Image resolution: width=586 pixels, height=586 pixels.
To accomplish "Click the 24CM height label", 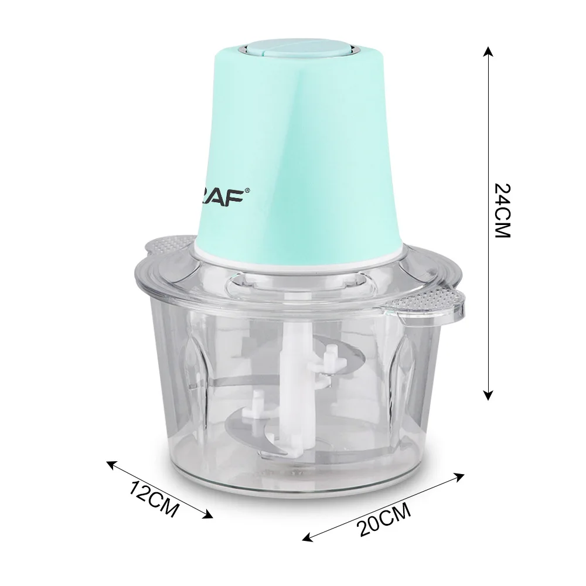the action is coord(502,210).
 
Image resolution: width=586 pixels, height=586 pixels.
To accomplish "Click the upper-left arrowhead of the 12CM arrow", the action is coord(112,465).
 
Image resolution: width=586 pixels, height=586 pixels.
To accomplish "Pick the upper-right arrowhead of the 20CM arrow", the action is coord(459,476).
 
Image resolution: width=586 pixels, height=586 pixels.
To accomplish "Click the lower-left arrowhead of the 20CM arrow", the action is coord(308,537).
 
